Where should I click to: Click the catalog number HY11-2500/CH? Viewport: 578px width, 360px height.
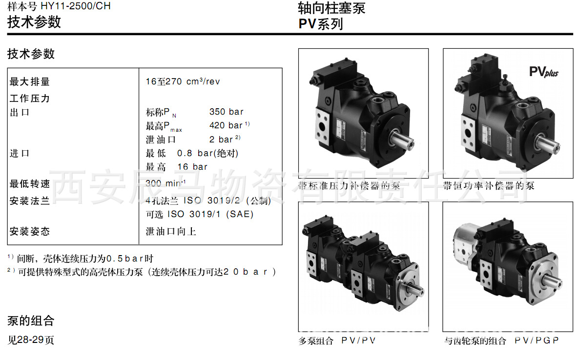[x=76, y=6]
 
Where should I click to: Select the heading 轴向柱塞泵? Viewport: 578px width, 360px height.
[x=331, y=8]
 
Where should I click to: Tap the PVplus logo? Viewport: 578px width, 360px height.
[x=544, y=72]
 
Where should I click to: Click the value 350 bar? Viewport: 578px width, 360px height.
[x=227, y=112]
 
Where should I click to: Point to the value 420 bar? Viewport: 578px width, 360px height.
[x=226, y=126]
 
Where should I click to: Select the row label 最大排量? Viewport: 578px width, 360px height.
[x=29, y=81]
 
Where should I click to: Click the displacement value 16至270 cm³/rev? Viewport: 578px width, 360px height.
[x=183, y=81]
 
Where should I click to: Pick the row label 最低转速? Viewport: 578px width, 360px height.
[x=29, y=183]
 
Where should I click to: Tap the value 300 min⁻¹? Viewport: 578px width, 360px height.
[x=165, y=183]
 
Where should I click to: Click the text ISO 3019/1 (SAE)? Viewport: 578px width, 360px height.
[x=210, y=214]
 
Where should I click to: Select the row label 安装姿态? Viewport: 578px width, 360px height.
[x=29, y=231]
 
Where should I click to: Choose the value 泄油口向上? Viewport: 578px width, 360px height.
[x=171, y=231]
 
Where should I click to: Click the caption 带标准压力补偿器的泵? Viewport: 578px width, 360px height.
[x=349, y=186]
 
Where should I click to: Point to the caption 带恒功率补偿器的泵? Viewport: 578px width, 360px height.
[x=489, y=186]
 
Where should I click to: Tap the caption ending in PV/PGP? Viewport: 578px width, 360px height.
[x=501, y=340]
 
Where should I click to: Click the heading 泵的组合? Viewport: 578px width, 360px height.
[x=31, y=320]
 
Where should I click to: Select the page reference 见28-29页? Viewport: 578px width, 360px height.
[x=31, y=340]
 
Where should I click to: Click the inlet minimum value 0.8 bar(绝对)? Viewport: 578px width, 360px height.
[x=207, y=153]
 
